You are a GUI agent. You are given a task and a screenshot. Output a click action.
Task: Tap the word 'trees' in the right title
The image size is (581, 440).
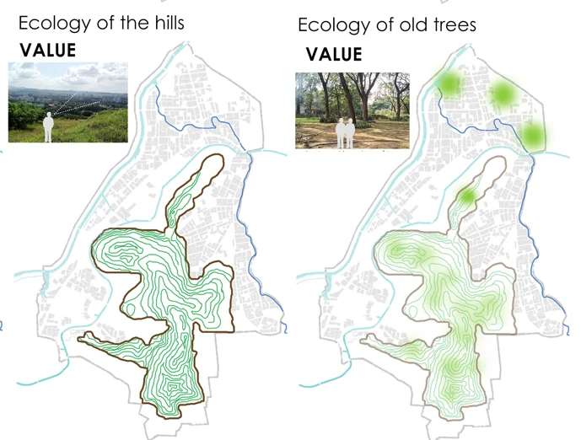pyautogui.click(x=451, y=25)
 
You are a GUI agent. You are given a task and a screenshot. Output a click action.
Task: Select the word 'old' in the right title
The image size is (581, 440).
pyautogui.click(x=405, y=25)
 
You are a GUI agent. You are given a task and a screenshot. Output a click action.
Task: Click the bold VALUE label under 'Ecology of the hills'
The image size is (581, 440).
pyautogui.click(x=48, y=51)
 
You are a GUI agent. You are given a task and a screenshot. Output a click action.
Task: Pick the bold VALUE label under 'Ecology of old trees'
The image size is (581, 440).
pyautogui.click(x=334, y=56)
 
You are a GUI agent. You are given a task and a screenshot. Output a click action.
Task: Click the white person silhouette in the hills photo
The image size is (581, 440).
pyautogui.click(x=49, y=126)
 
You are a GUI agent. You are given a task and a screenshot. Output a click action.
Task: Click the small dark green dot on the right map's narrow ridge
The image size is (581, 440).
pyautogui.click(x=466, y=197)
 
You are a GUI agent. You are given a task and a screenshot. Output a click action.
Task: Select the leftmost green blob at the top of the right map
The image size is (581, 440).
pyautogui.click(x=449, y=83)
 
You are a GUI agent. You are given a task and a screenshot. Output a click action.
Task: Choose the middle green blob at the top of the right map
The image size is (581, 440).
pyautogui.click(x=503, y=94)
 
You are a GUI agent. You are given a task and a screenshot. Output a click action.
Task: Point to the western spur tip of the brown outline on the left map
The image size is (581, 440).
pyautogui.click(x=81, y=339)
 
